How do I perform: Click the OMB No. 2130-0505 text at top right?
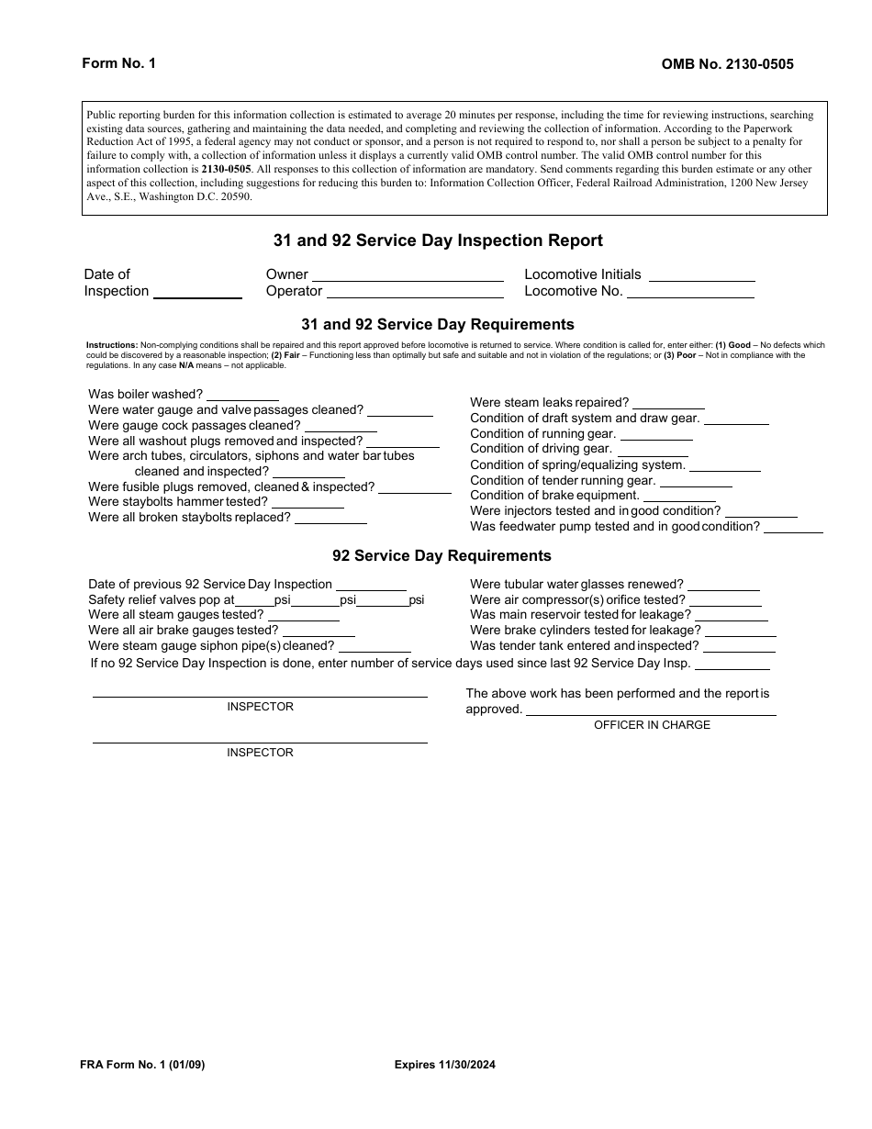click(x=727, y=64)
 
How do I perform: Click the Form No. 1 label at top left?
click(x=119, y=63)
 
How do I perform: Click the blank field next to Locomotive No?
click(x=691, y=294)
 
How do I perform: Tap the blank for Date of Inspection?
click(x=197, y=294)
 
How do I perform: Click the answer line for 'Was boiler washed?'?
click(x=242, y=397)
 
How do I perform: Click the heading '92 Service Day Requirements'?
click(x=442, y=555)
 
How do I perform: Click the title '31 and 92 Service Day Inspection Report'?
click(x=438, y=240)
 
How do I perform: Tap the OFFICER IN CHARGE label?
click(x=652, y=725)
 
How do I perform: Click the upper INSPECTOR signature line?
click(x=260, y=695)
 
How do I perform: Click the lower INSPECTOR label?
click(x=260, y=753)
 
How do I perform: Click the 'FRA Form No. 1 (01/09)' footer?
click(x=150, y=1065)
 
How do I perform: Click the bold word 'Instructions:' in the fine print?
click(x=112, y=345)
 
